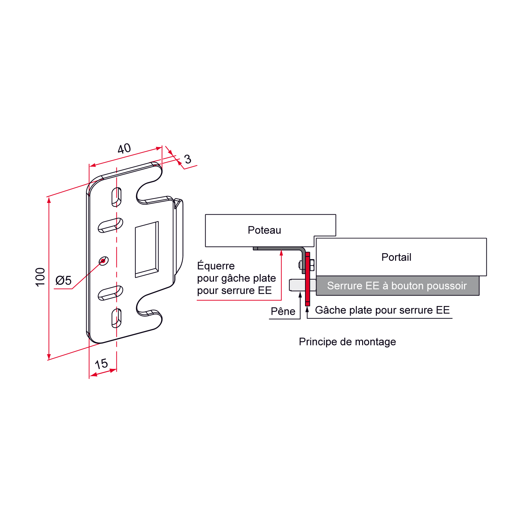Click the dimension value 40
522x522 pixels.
(x=124, y=149)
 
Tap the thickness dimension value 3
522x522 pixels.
(x=188, y=159)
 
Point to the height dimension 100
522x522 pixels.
(x=40, y=277)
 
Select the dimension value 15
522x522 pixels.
(x=101, y=364)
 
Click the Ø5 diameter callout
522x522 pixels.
(x=63, y=280)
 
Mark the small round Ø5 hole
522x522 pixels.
(x=103, y=261)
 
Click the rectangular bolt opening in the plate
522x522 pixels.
(x=147, y=250)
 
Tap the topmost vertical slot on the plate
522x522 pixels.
(x=116, y=197)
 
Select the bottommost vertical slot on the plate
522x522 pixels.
(x=116, y=318)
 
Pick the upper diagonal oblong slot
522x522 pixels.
(x=110, y=225)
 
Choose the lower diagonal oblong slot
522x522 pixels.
(x=110, y=293)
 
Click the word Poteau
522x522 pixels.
(x=264, y=230)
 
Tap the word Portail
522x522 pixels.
(x=396, y=257)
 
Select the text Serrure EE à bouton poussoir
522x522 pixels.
(x=397, y=286)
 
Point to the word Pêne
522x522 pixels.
(x=283, y=311)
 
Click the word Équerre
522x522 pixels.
(x=216, y=266)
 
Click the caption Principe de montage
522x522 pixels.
(x=347, y=342)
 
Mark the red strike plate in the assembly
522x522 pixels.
(x=307, y=279)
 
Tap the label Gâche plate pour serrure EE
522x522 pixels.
(x=382, y=310)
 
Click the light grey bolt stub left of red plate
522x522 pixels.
(x=297, y=285)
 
